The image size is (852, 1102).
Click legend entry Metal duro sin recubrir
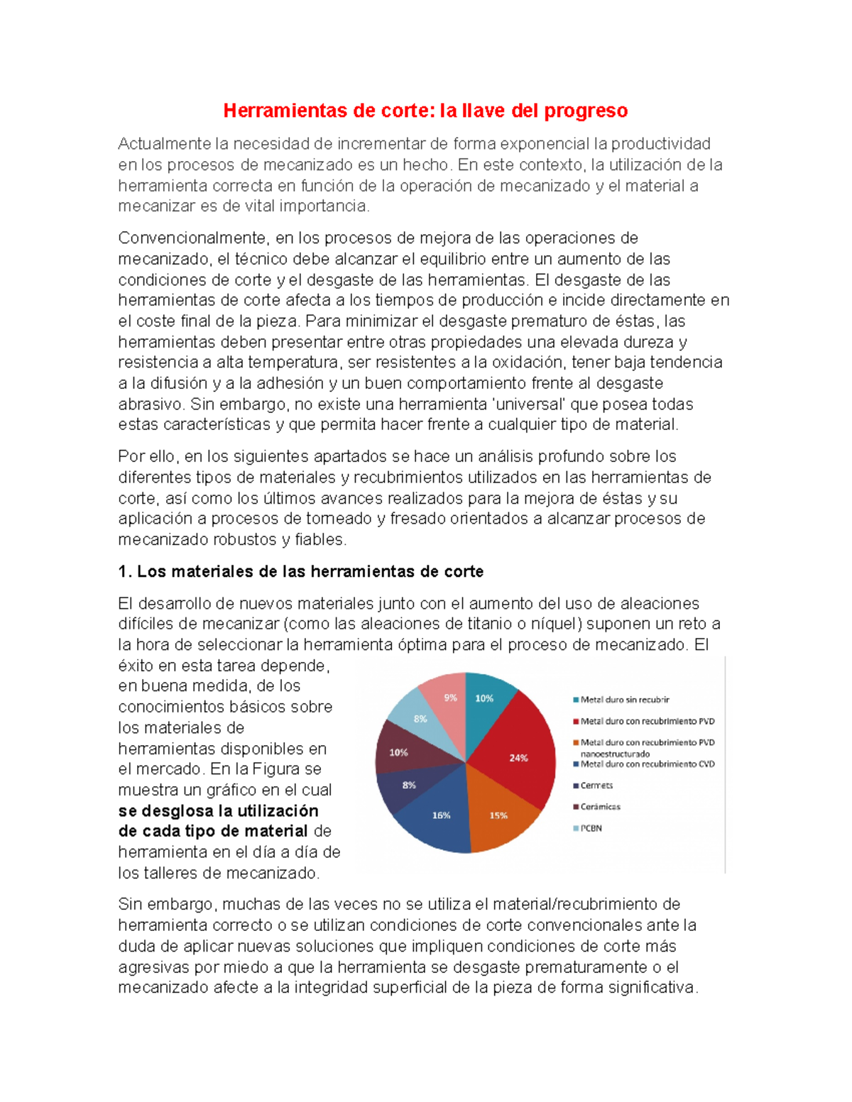click(625, 700)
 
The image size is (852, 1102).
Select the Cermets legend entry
click(596, 786)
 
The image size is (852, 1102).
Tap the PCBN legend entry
click(591, 828)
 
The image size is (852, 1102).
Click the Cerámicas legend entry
click(600, 807)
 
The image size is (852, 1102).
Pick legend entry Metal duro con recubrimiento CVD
click(647, 764)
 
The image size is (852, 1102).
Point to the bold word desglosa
click(177, 811)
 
